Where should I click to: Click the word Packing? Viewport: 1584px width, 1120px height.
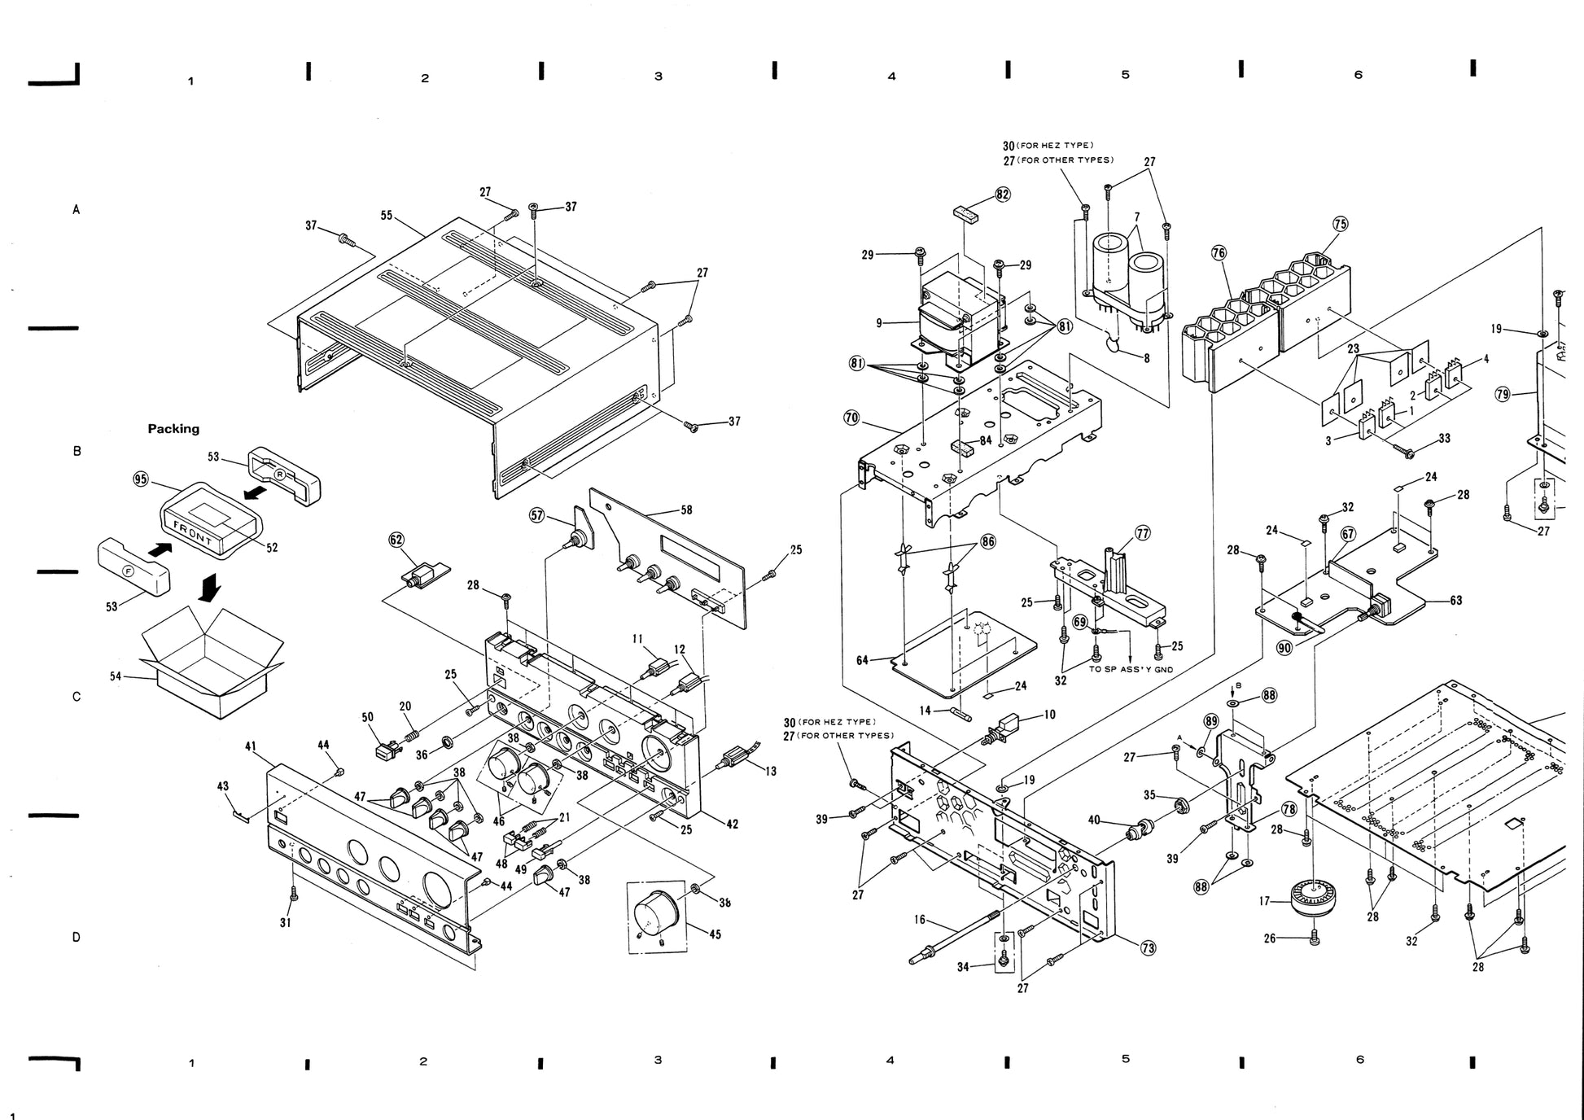(x=173, y=429)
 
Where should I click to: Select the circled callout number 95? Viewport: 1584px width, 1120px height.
(x=141, y=479)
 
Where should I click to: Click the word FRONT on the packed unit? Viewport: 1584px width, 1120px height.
(x=193, y=532)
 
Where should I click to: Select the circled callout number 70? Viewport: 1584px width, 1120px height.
(x=851, y=418)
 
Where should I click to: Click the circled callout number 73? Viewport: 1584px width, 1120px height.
(x=1149, y=947)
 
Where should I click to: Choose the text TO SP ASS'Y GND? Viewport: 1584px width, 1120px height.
(x=1131, y=670)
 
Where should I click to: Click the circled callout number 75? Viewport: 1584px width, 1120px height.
(x=1341, y=224)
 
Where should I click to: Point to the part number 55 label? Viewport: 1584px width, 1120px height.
(x=387, y=216)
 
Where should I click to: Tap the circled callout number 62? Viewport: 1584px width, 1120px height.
(x=396, y=539)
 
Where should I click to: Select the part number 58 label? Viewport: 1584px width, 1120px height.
(x=686, y=510)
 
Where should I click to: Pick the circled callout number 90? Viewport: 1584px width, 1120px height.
(x=1284, y=648)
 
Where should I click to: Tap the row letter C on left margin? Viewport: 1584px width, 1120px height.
(x=77, y=697)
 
